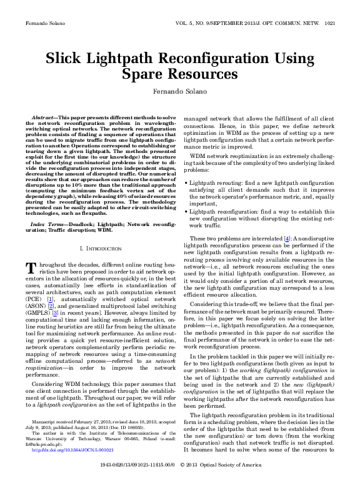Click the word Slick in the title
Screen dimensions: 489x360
click(67, 59)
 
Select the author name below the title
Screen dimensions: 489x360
click(179, 91)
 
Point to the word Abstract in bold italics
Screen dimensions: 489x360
click(43, 117)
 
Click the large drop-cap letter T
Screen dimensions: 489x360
click(29, 268)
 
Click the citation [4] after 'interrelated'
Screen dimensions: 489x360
click(286, 238)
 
